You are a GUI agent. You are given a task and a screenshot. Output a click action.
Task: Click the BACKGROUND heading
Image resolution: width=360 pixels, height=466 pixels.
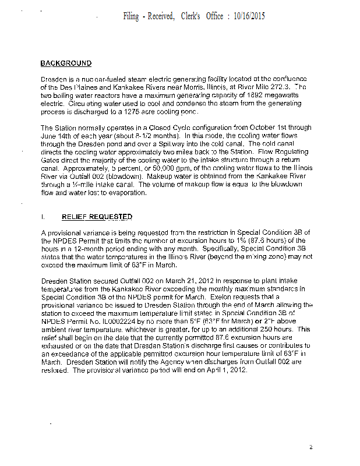click(66, 63)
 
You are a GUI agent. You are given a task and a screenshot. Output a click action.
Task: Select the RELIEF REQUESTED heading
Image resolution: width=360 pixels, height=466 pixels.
click(97, 217)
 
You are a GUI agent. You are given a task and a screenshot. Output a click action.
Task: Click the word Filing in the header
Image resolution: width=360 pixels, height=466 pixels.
click(131, 16)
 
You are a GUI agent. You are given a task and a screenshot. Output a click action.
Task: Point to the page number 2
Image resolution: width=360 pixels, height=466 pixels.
click(311, 447)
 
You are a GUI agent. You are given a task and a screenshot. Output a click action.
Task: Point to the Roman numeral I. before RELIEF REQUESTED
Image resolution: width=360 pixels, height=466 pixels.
click(43, 217)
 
